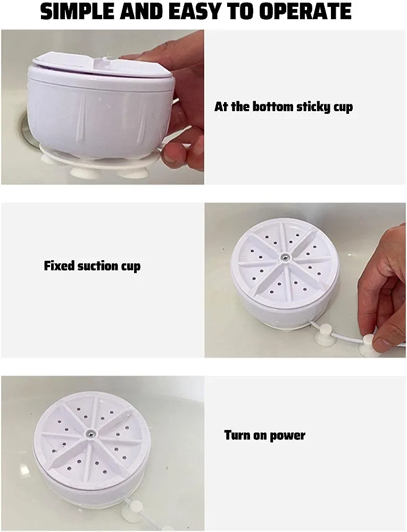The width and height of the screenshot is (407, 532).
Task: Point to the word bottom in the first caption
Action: point(273,106)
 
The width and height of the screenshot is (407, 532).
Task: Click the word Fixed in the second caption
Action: point(59,265)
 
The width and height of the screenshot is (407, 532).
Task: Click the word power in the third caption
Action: point(288,436)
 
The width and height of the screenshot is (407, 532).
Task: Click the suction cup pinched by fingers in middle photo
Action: point(369,345)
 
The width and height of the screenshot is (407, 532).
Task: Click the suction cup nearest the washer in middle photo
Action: point(325,335)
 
